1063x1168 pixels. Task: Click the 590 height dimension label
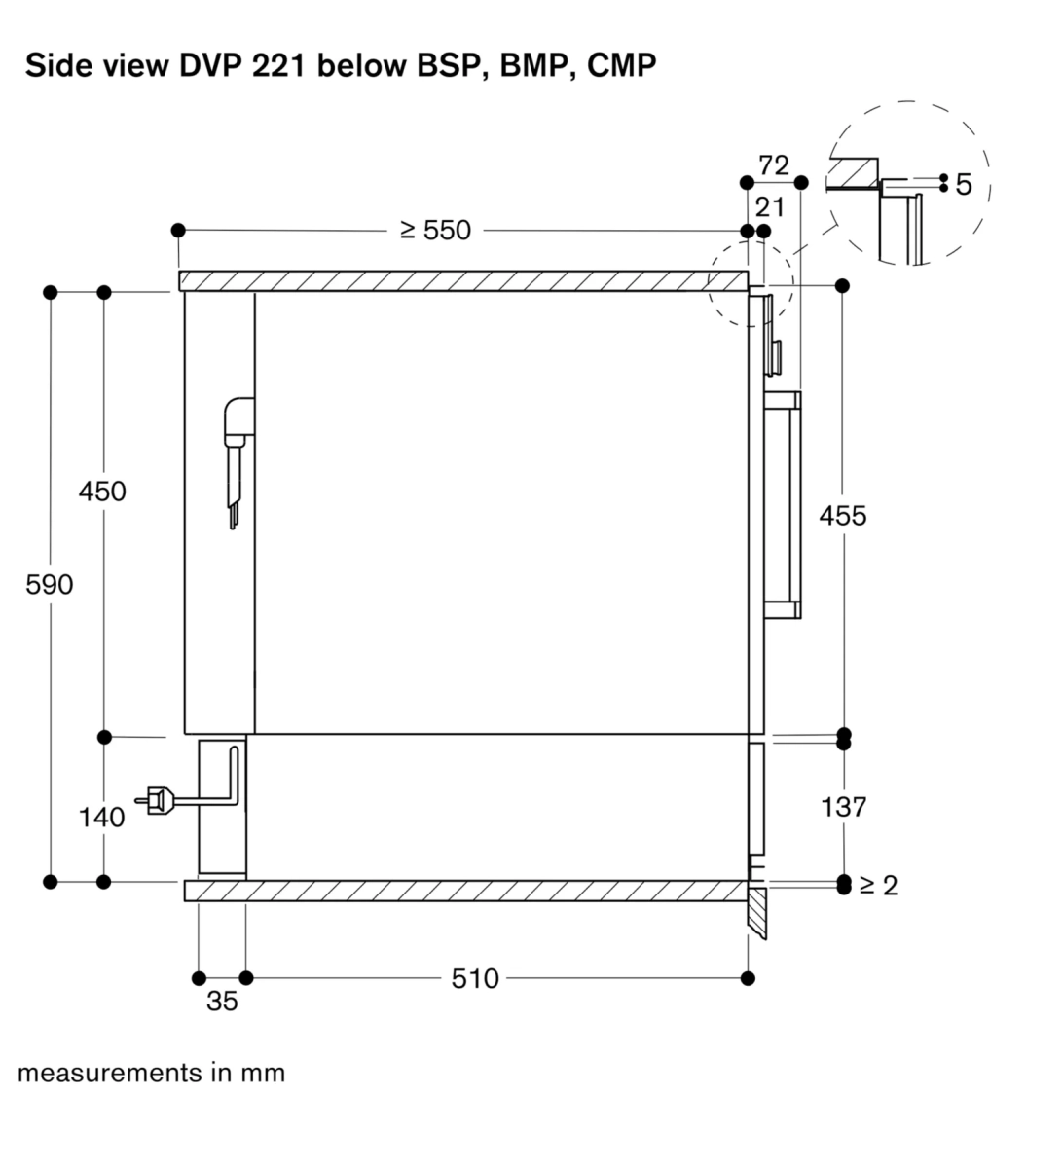coord(50,585)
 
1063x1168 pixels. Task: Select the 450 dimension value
coord(102,492)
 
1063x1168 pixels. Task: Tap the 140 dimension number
coord(102,818)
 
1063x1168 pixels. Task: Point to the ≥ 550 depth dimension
coord(435,231)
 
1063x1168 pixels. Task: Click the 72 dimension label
coord(774,165)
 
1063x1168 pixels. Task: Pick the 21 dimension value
coord(770,207)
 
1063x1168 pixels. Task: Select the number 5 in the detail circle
coord(964,185)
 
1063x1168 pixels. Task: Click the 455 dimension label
coord(843,516)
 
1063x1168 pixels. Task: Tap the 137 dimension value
coord(843,807)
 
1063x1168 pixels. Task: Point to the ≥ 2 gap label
coord(878,886)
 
